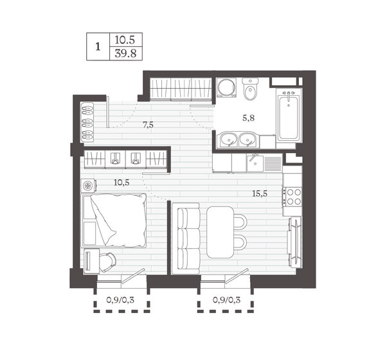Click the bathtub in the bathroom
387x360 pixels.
coord(289,115)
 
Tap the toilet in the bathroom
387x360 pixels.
coord(250,89)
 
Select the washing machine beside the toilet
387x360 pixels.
coord(226,88)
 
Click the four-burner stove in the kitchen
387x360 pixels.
coord(292,197)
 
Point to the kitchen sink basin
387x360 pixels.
coord(255,163)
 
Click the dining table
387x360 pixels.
coord(220,232)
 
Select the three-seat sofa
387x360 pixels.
coord(186,239)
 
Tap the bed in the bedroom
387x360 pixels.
coord(114,221)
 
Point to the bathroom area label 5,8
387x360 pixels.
coord(248,118)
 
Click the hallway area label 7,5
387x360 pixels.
coord(148,125)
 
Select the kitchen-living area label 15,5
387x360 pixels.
coord(260,194)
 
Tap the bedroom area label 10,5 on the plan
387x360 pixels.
coord(122,183)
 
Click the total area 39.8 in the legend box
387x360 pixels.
coord(125,53)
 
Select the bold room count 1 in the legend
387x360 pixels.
coord(98,47)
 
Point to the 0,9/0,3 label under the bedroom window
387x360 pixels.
coord(120,300)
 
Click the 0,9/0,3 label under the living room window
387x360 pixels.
coord(226,300)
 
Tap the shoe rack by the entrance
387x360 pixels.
coord(87,122)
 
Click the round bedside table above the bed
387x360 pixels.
coord(88,186)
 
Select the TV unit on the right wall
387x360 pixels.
coord(294,242)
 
